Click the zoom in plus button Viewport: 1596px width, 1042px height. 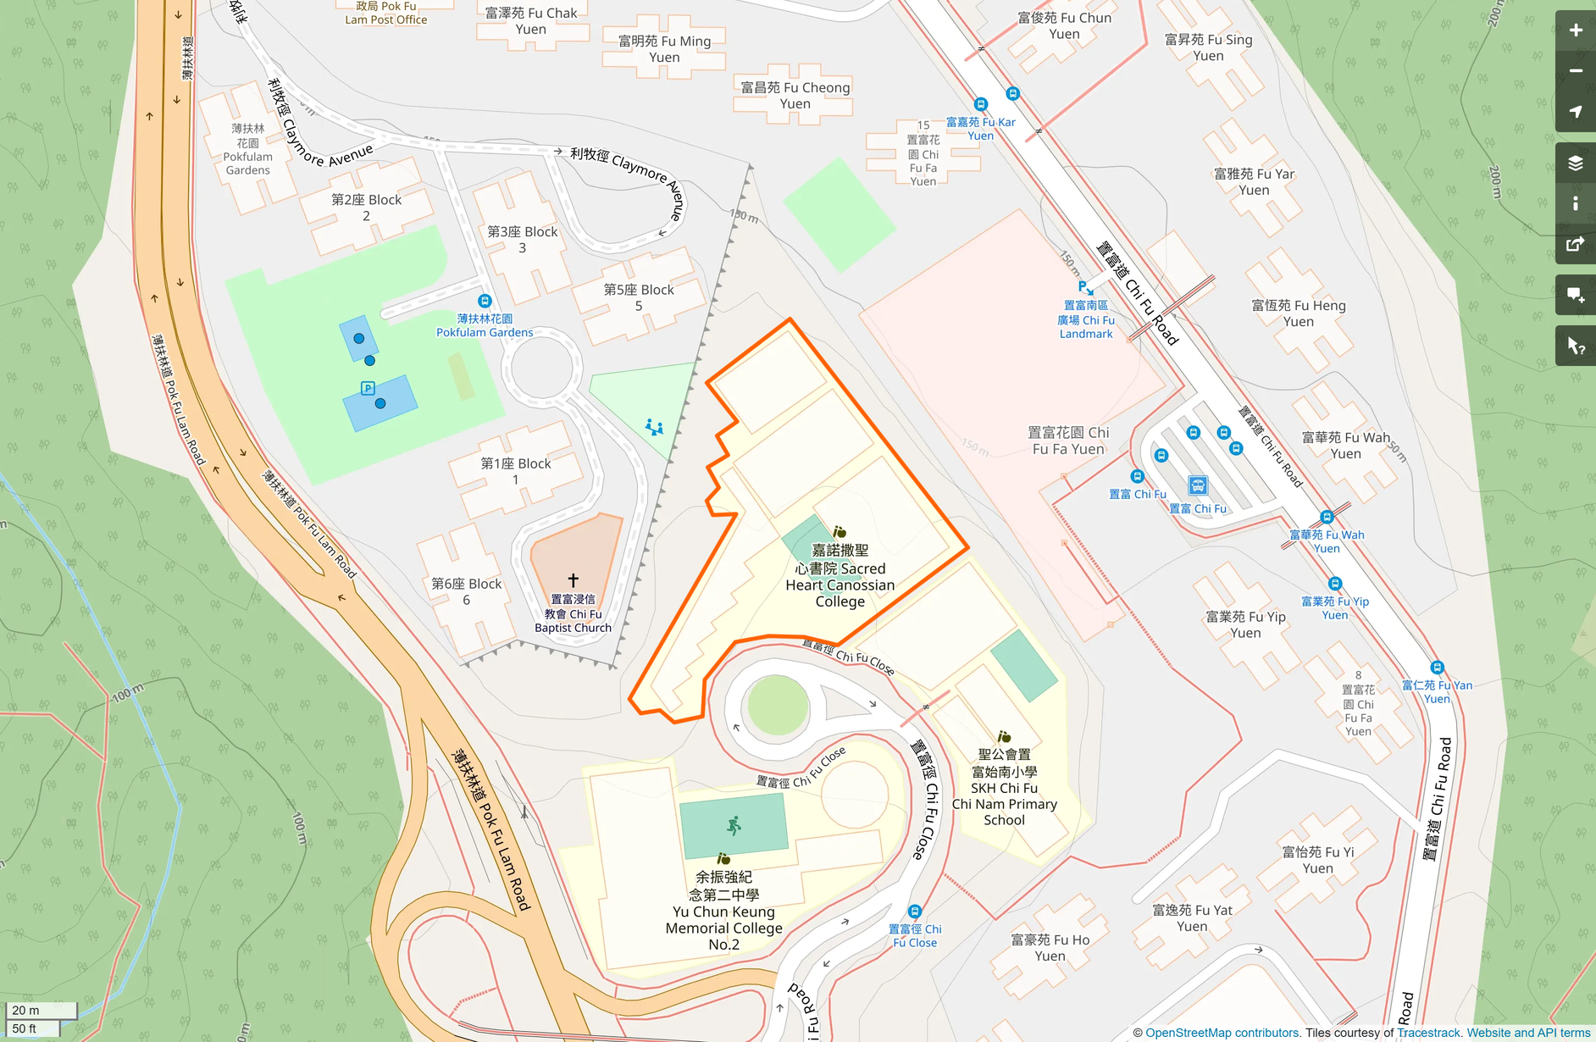(1575, 30)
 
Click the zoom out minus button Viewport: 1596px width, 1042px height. (1575, 71)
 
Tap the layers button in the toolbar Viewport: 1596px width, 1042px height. (1575, 163)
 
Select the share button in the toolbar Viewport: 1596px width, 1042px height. (1575, 245)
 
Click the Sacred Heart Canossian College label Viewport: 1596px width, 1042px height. (840, 576)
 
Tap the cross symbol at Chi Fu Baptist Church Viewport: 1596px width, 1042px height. (574, 580)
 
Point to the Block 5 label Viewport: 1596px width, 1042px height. (639, 297)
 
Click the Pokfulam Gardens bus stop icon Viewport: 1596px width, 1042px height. (485, 301)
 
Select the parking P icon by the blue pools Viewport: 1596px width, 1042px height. (368, 388)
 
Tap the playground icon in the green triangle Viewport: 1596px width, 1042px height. (654, 427)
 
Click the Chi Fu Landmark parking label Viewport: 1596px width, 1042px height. (1086, 319)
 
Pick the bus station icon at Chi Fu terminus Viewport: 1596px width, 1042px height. (1197, 485)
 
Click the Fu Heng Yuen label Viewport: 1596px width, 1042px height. (1298, 313)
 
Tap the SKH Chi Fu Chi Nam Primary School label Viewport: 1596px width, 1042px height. (1004, 787)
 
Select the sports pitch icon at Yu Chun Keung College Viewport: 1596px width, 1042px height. (734, 825)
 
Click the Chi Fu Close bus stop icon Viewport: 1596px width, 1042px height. (914, 912)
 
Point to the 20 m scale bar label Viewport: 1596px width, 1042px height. (25, 1010)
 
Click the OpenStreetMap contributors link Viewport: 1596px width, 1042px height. (1222, 1033)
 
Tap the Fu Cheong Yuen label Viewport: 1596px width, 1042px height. (795, 95)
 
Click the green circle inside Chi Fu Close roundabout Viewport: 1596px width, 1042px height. (778, 705)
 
